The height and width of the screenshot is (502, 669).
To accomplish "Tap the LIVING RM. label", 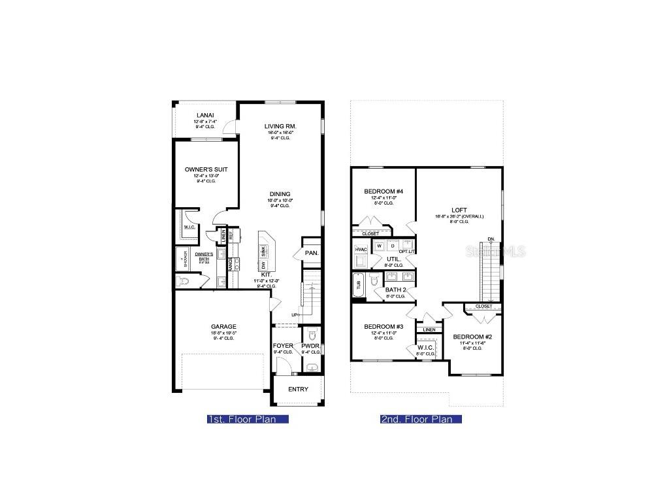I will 280,126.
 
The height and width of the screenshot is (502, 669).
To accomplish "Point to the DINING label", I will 280,193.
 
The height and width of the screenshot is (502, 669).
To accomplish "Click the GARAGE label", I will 223,327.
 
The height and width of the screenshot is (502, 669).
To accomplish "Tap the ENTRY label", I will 298,390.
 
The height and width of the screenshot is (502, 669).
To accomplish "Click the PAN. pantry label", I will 312,252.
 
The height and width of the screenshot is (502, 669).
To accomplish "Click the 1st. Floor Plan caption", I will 247,420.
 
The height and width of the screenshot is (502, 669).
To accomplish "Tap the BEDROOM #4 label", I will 383,191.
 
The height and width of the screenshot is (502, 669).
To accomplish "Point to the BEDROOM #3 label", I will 383,327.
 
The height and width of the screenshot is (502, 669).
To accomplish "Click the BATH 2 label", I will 396,290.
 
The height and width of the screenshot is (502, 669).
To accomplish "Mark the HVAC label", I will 361,250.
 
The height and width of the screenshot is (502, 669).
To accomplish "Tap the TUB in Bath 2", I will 358,284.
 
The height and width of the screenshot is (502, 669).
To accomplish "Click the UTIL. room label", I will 393,259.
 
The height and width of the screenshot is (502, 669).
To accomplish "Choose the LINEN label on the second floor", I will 429,329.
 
